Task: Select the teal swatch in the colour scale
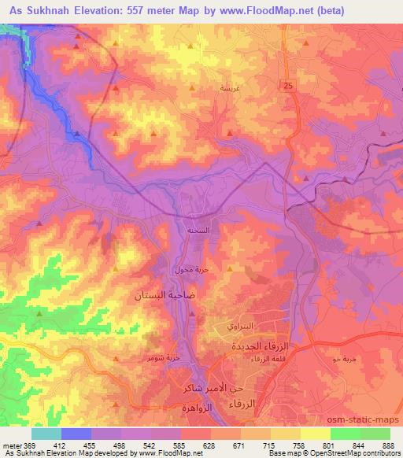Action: [46, 434]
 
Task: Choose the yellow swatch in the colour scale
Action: [315, 434]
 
